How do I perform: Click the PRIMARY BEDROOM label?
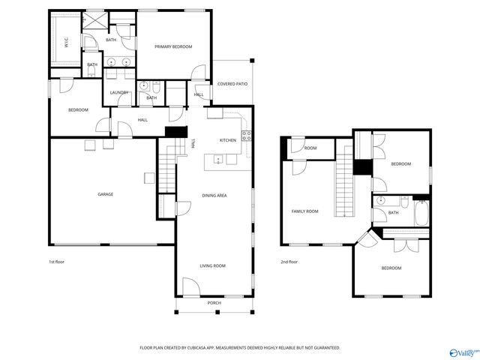click(173, 46)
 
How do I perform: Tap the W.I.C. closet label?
click(67, 43)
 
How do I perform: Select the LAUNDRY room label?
click(119, 92)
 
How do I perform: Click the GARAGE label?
click(105, 194)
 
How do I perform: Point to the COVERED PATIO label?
click(232, 84)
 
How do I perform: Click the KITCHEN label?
click(228, 140)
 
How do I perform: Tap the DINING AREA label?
click(214, 195)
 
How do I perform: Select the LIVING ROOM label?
click(212, 265)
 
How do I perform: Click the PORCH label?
click(214, 302)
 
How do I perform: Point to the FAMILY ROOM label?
click(304, 211)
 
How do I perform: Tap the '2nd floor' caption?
click(289, 262)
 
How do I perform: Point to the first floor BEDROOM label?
click(78, 110)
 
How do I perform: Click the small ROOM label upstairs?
click(310, 148)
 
